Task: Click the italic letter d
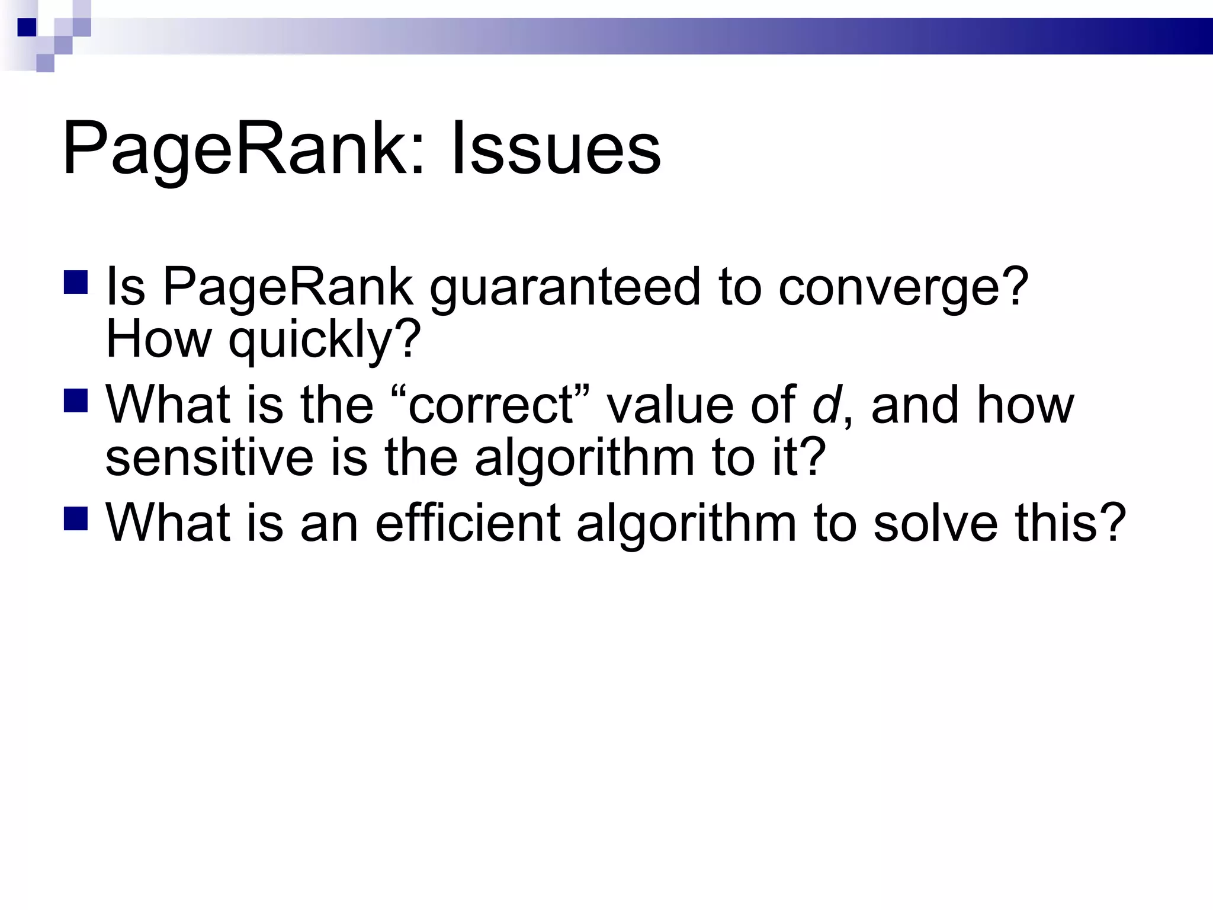[826, 405]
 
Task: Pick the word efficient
[468, 523]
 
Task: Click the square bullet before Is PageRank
[76, 283]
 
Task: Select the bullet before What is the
[76, 400]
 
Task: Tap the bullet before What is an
[76, 518]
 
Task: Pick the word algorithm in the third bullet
[686, 524]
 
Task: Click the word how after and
[1025, 405]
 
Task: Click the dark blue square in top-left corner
[27, 27]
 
